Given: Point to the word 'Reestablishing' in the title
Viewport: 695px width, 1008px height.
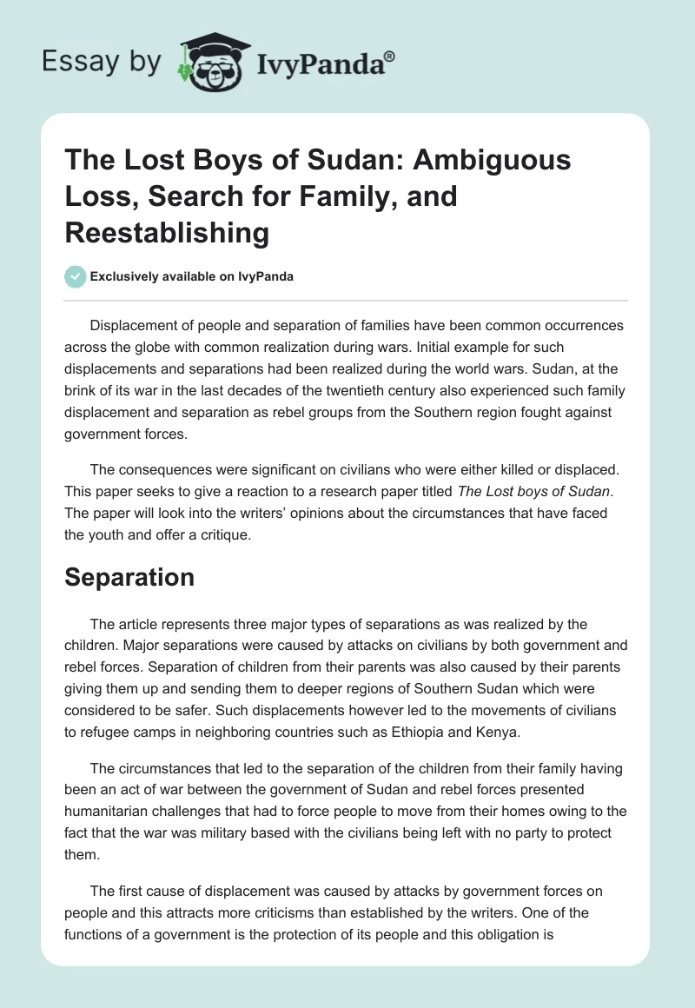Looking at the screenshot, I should [x=168, y=233].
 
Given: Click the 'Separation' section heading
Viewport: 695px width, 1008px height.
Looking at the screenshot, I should [x=129, y=579].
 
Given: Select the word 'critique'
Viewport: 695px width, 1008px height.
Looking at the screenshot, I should [x=221, y=534].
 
